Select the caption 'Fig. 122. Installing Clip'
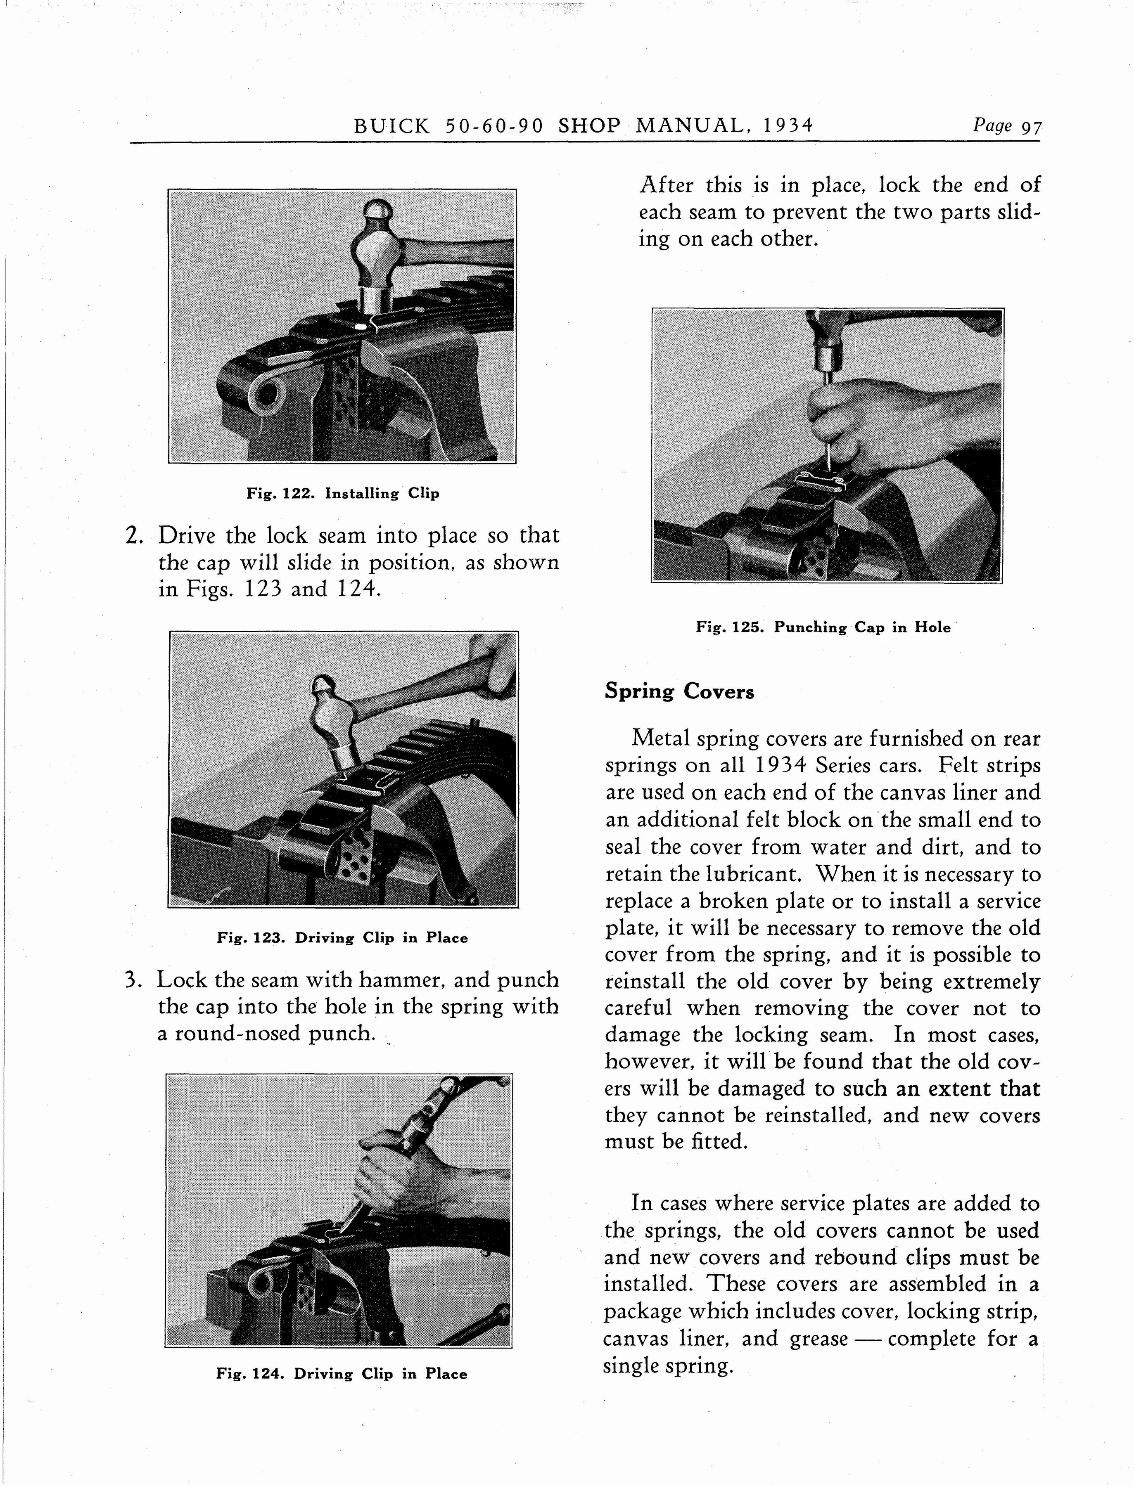point(342,494)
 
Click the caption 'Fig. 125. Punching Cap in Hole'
point(823,627)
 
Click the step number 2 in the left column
point(132,536)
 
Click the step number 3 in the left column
point(132,980)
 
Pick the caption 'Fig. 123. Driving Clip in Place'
point(342,937)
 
